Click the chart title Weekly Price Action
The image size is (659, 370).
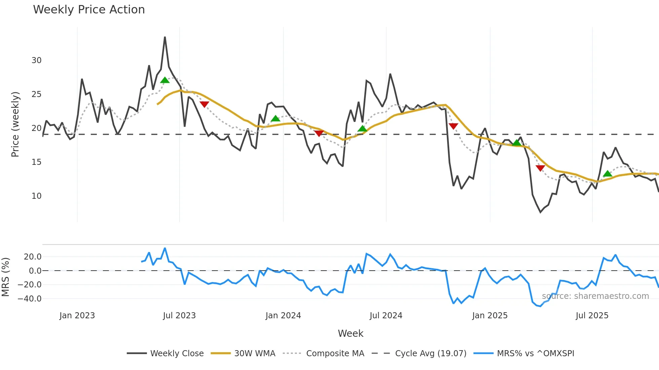[x=89, y=10]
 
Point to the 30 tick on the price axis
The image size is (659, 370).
[x=36, y=60]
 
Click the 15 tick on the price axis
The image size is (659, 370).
[x=36, y=162]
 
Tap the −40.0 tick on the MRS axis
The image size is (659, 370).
[x=30, y=298]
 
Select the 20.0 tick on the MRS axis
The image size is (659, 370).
[x=33, y=257]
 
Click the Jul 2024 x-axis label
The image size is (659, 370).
[x=386, y=316]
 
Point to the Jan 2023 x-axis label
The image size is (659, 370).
[x=77, y=316]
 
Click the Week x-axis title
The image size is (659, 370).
[x=350, y=333]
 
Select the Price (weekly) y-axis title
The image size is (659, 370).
[x=15, y=124]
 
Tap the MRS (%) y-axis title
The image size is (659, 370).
[x=6, y=277]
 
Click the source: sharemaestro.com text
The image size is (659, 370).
[x=595, y=296]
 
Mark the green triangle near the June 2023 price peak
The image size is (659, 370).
[x=165, y=80]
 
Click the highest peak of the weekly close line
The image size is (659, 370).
[x=165, y=37]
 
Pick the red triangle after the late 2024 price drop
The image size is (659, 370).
[x=453, y=126]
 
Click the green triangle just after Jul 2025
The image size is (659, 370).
[x=607, y=174]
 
